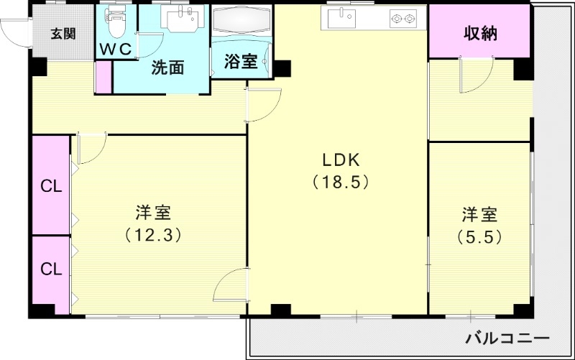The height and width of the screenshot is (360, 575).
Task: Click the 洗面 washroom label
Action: (x=167, y=68)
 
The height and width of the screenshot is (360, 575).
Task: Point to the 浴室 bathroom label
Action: (x=240, y=62)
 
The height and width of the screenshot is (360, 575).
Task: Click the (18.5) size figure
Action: (x=340, y=182)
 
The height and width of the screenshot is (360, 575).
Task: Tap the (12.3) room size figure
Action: (x=152, y=234)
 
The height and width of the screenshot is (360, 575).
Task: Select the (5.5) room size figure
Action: (x=479, y=235)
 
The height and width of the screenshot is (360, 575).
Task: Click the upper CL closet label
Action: (x=50, y=188)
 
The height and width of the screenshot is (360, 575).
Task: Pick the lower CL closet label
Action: (x=50, y=269)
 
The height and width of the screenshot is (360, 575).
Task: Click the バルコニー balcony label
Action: (x=507, y=338)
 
